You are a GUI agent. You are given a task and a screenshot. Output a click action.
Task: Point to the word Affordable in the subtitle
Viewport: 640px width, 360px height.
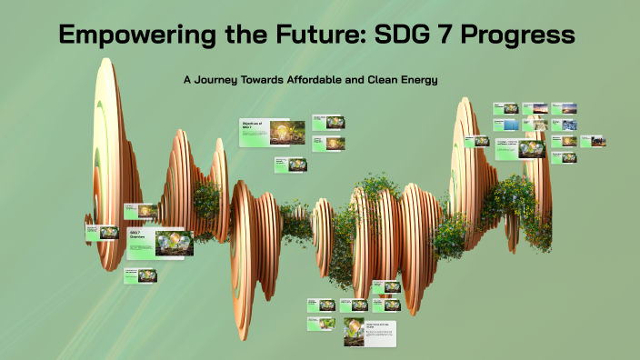(x=329, y=80)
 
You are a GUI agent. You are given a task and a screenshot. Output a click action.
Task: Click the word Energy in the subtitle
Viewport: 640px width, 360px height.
(x=417, y=80)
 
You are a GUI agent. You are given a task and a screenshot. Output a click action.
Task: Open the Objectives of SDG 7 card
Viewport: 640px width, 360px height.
(x=272, y=133)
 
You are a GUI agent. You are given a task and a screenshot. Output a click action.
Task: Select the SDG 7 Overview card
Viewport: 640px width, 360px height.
(x=159, y=243)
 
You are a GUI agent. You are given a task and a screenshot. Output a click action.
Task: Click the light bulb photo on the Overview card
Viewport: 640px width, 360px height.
(x=174, y=243)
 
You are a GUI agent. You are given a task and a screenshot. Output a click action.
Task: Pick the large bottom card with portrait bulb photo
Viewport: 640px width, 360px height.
(x=371, y=333)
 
